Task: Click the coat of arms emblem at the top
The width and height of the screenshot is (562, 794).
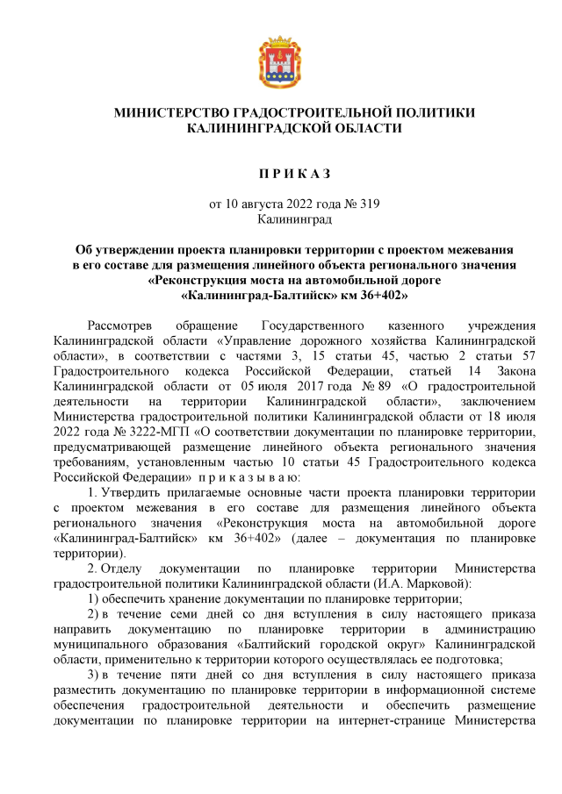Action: (x=281, y=63)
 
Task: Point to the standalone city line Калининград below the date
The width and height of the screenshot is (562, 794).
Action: (x=281, y=218)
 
